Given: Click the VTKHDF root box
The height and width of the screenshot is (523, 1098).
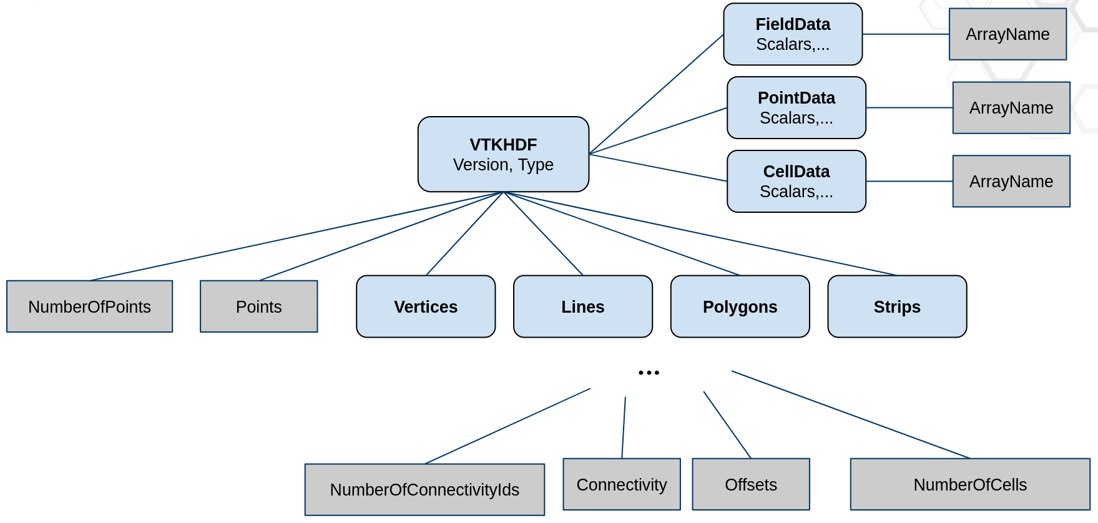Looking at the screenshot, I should pos(503,154).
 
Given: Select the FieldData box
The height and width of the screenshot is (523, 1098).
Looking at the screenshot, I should pos(793,34).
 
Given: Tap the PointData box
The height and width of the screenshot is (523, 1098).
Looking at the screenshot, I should pos(797,108).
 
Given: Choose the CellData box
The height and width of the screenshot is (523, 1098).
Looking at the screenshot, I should pos(797,182).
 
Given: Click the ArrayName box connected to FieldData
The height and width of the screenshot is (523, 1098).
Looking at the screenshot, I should pos(1007,34).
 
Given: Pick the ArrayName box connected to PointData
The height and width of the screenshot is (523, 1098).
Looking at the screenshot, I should pos(1011,108).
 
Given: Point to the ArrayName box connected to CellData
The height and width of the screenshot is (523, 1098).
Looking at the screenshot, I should pos(1011,182).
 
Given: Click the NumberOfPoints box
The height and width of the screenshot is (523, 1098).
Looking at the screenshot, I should pos(89,306).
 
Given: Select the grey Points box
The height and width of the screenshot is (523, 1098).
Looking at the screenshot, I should pos(258,306).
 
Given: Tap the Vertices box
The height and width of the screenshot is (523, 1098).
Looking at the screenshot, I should pos(426,306).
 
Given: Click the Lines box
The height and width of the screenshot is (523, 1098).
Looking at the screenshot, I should pos(582,306).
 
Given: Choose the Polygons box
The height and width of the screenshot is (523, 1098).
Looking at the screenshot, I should pos(740,306).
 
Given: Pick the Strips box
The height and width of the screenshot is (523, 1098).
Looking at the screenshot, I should pos(897,306).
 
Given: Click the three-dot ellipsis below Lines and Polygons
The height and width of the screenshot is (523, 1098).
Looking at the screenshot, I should pos(649,373).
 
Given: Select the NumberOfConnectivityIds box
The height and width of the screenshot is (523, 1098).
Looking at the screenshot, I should pos(424,489).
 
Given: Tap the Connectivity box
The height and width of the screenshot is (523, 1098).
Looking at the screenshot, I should pos(622,484).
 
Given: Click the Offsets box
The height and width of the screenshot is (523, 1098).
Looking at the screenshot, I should pos(751,484).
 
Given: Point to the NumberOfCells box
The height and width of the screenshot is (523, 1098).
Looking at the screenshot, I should pos(970,484).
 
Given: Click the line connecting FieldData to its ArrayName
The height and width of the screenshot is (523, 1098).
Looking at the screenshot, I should pos(905,34).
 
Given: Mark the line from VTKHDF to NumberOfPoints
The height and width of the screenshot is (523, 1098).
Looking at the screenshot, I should pos(297,237).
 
